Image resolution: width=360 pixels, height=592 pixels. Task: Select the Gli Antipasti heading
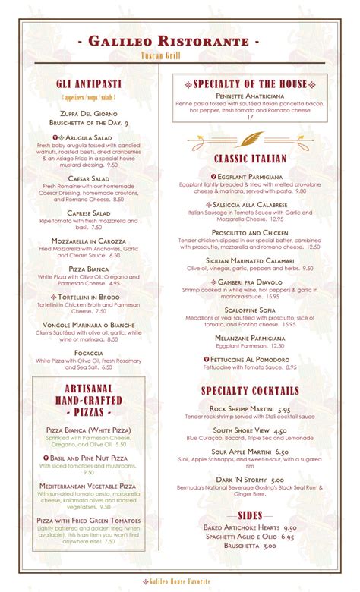click(x=85, y=83)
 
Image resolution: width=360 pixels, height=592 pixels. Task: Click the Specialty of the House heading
click(x=251, y=84)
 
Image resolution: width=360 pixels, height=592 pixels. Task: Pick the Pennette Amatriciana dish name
click(x=250, y=96)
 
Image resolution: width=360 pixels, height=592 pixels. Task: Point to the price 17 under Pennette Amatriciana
click(x=250, y=116)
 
